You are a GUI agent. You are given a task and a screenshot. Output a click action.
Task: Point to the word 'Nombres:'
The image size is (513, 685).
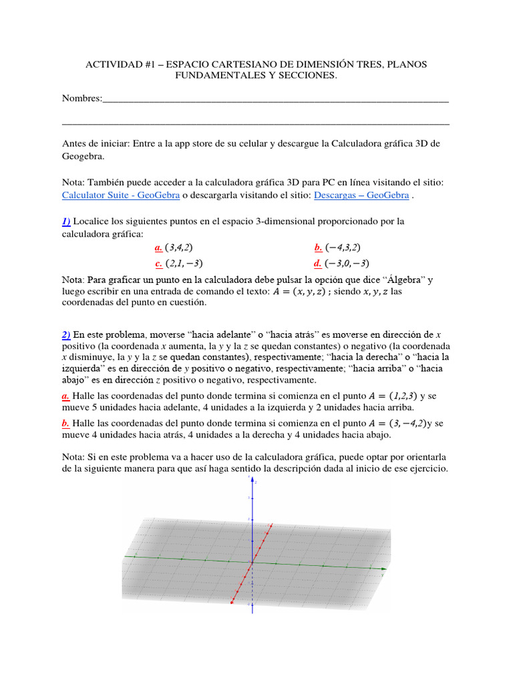pos(82,98)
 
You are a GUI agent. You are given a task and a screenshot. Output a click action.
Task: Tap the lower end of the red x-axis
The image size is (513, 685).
pos(232,604)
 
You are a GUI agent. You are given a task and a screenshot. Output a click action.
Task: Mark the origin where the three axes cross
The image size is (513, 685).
pos(252,563)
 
